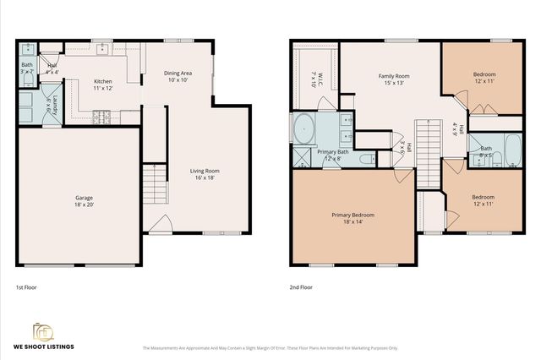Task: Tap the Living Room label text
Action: click(x=204, y=175)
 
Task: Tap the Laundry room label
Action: click(x=50, y=105)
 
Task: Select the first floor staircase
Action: click(x=153, y=180)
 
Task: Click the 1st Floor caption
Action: click(x=26, y=287)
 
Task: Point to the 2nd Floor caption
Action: click(x=301, y=287)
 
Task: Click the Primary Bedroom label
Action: click(x=352, y=219)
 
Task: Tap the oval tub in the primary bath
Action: click(x=303, y=129)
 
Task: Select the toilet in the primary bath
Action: click(x=368, y=157)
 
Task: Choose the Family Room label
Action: click(x=394, y=79)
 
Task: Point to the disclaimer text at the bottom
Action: click(x=270, y=347)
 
